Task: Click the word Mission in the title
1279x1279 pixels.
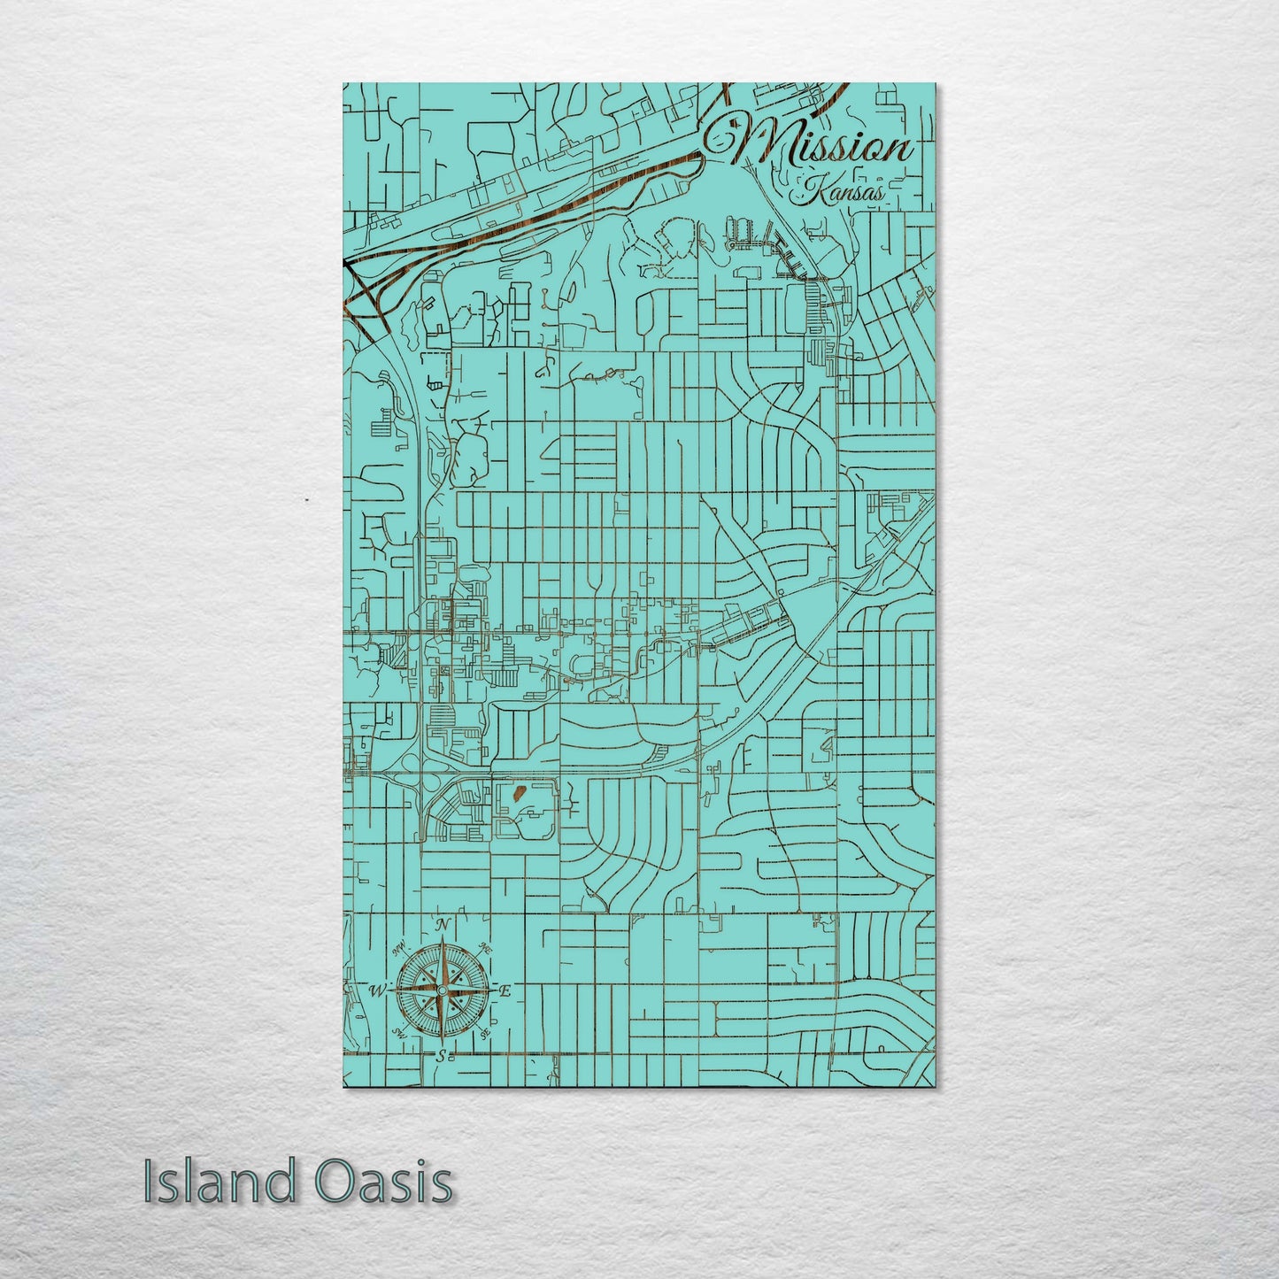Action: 819,143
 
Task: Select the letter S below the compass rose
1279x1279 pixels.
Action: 440,1055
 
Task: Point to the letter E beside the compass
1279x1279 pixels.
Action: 505,992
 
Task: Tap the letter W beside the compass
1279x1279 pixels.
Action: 377,989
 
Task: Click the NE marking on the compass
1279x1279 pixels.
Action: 484,947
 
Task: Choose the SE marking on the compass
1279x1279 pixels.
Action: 484,1033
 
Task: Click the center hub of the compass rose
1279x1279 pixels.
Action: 442,990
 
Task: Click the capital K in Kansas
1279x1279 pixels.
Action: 810,187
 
